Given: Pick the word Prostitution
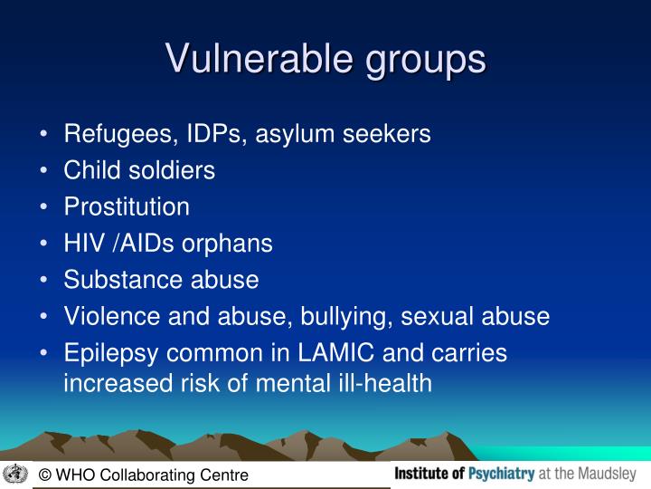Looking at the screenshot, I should pyautogui.click(x=127, y=206).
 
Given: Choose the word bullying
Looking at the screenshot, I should pyautogui.click(x=346, y=316).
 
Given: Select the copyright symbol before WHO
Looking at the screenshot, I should pyautogui.click(x=44, y=475).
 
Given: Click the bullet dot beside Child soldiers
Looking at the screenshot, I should pyautogui.click(x=45, y=171).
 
